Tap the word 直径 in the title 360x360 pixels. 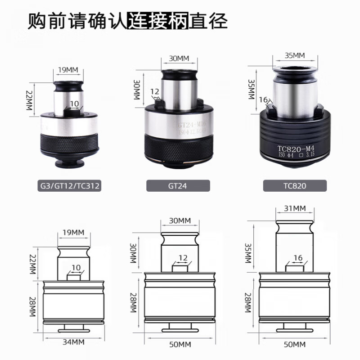[x=208, y=21]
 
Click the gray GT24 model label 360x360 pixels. [x=178, y=185]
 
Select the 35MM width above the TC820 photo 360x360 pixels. [x=295, y=55]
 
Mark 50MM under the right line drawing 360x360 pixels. [x=295, y=344]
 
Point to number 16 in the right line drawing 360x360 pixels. [x=297, y=257]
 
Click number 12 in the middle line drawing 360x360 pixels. [x=183, y=257]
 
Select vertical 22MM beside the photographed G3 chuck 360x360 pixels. [x=31, y=96]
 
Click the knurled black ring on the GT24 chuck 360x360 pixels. [x=179, y=147]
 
